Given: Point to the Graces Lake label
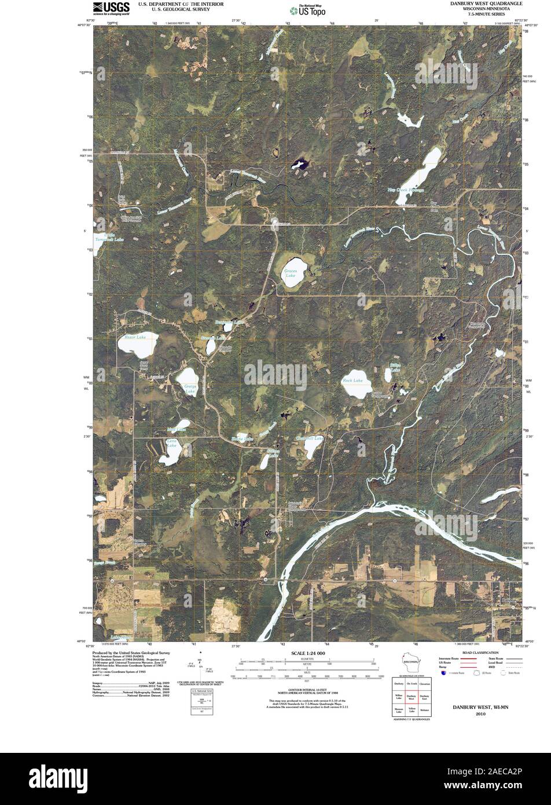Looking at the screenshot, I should pyautogui.click(x=290, y=273).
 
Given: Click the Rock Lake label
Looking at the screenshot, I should pyautogui.click(x=352, y=380).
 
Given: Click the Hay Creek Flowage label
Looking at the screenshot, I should pyautogui.click(x=406, y=189).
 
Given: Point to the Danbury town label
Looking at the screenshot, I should pyautogui.click(x=509, y=601).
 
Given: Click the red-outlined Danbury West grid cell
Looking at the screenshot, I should pyautogui.click(x=411, y=697).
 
